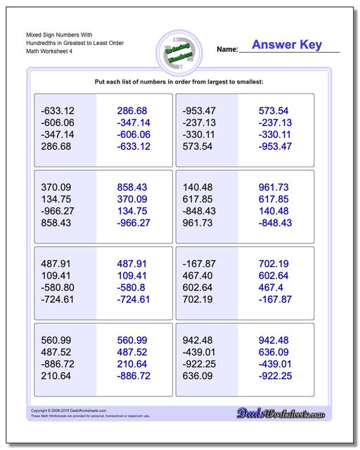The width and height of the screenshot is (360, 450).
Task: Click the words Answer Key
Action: point(287,45)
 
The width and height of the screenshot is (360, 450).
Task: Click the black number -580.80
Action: point(58,288)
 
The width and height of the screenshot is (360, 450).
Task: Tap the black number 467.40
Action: point(199,276)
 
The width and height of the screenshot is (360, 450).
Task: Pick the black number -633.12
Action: point(58,111)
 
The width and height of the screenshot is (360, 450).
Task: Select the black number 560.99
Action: point(57,340)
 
